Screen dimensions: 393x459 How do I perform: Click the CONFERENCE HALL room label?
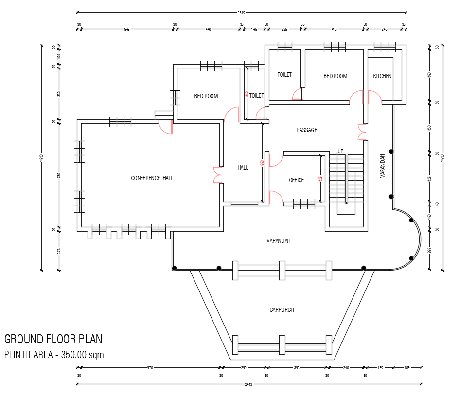(x=152, y=178)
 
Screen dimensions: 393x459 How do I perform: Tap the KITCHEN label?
(x=382, y=76)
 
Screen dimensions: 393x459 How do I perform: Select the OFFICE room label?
(x=297, y=180)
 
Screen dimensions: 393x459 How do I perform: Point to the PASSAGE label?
(x=307, y=130)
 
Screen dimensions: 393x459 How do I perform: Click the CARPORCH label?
(x=282, y=310)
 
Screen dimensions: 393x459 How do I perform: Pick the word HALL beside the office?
(x=243, y=168)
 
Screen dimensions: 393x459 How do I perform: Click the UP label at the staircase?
(x=340, y=151)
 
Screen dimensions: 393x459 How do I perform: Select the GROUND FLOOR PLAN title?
(x=53, y=339)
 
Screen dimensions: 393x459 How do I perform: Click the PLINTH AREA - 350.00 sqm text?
(x=54, y=355)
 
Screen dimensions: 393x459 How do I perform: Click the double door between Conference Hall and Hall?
(x=217, y=175)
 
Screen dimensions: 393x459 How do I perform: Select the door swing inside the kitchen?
(x=374, y=97)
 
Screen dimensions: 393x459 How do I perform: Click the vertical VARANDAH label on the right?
(x=383, y=166)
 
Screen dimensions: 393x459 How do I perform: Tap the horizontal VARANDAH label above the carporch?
(x=279, y=241)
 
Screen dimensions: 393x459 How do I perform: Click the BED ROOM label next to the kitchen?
(x=335, y=76)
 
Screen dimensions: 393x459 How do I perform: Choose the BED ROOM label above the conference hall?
(x=206, y=96)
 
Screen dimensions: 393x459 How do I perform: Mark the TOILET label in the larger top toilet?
(x=284, y=75)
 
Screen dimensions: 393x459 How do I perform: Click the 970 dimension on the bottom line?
(x=150, y=368)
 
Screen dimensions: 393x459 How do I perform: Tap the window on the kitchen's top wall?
(x=385, y=47)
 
